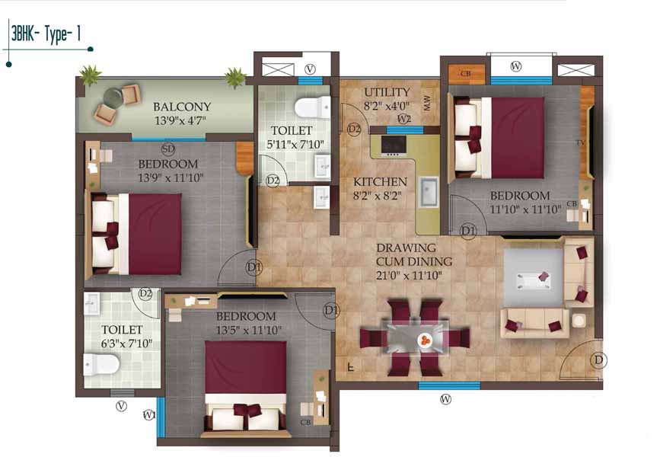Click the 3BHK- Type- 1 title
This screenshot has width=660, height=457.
[x=46, y=34]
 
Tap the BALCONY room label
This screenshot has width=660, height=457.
[x=182, y=107]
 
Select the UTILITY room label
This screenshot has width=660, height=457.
[x=387, y=92]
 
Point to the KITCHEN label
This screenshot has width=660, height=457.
[x=380, y=182]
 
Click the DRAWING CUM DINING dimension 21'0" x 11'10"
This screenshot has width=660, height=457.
[x=409, y=276]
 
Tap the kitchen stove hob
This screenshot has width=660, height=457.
[x=394, y=145]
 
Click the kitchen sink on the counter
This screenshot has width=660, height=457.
[x=429, y=192]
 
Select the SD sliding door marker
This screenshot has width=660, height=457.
[x=167, y=149]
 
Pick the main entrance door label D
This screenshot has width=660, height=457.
[x=598, y=360]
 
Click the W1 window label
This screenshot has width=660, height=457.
[x=149, y=415]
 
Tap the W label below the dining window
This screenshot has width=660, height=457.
[x=446, y=398]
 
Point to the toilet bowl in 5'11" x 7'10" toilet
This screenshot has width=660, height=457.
[x=312, y=107]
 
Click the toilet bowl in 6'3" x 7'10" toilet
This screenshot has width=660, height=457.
[x=101, y=364]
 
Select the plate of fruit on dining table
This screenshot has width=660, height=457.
[x=425, y=339]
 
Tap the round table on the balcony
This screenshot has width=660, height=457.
[x=113, y=97]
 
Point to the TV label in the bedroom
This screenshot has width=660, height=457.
[x=581, y=143]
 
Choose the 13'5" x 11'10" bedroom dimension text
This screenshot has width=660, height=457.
[x=249, y=331]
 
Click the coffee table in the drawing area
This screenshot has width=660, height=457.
[x=534, y=280]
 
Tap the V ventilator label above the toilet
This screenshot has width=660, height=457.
[x=310, y=69]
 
